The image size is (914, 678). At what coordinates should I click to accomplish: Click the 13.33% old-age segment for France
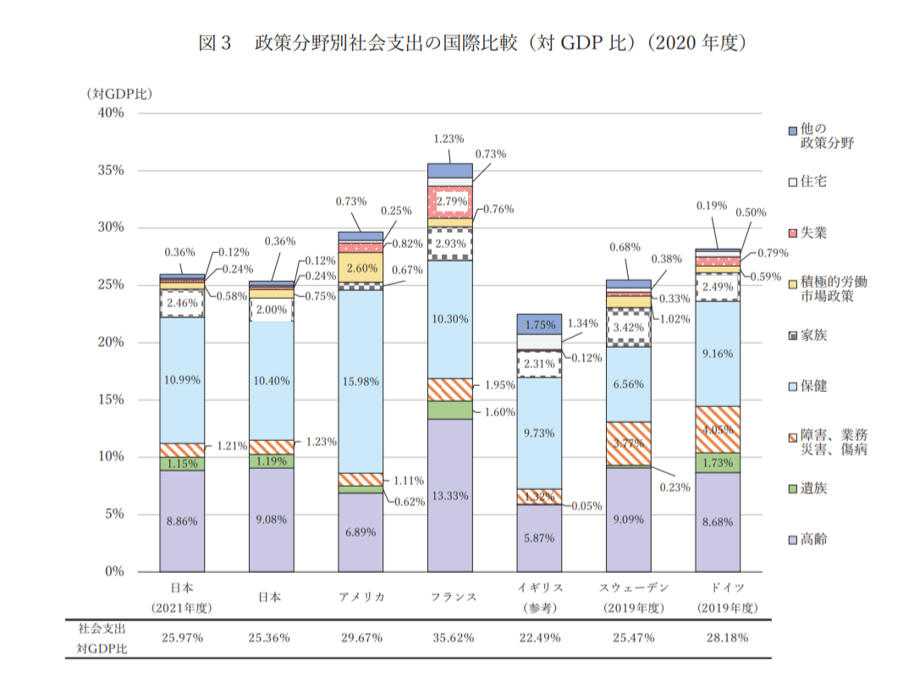[449, 495]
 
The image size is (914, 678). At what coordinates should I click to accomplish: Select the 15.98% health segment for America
[361, 382]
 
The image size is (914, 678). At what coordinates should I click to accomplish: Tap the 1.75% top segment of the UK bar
[539, 324]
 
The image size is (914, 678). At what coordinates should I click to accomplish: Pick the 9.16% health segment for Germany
[718, 354]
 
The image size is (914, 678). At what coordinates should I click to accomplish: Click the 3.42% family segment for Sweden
[629, 327]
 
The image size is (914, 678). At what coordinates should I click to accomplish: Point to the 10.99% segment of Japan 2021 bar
[182, 380]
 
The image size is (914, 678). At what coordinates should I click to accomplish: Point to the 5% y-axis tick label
[113, 514]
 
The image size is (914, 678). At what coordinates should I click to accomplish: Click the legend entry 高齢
[812, 539]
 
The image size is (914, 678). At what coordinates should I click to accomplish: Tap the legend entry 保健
[812, 385]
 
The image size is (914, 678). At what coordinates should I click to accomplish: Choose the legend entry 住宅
[812, 181]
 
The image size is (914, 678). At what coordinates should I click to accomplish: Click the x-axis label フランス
[449, 597]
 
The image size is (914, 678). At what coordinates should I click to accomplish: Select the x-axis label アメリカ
[361, 597]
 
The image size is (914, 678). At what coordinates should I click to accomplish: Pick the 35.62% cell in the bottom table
[449, 637]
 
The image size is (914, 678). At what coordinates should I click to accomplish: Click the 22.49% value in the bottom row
[539, 637]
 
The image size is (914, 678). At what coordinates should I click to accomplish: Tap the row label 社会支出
[102, 629]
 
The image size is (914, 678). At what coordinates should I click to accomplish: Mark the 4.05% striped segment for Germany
[718, 429]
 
